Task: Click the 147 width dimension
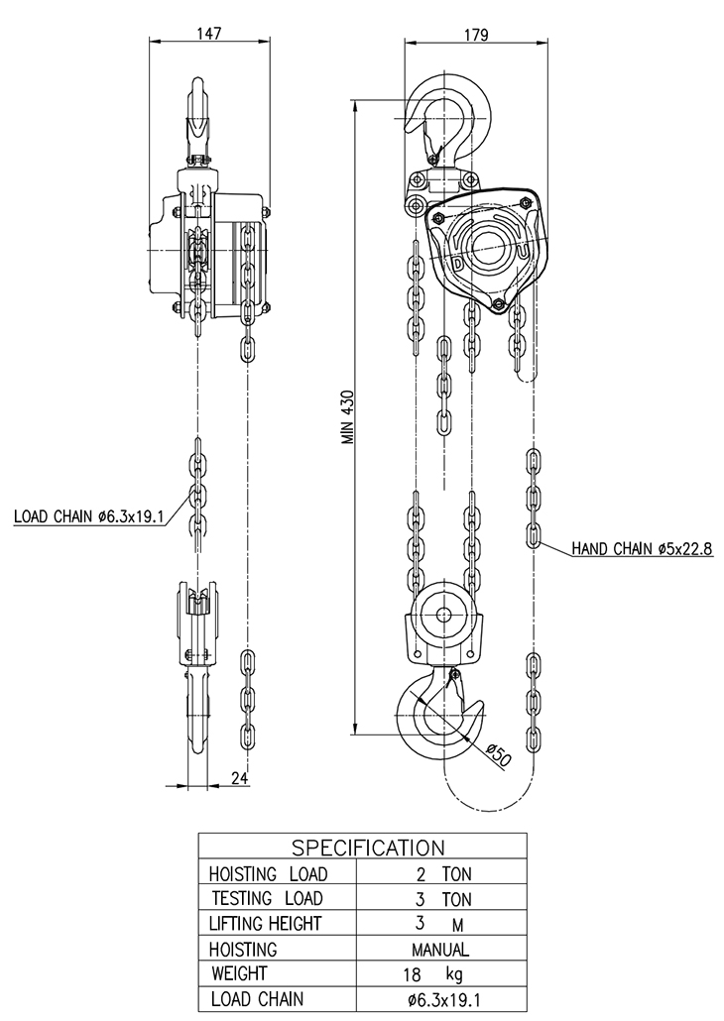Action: pyautogui.click(x=209, y=33)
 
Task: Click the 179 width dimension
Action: pyautogui.click(x=475, y=35)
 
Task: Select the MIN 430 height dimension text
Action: pyautogui.click(x=349, y=417)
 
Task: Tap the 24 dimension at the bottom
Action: pyautogui.click(x=239, y=777)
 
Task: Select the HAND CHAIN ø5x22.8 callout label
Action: pyautogui.click(x=642, y=549)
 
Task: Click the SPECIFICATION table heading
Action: pyautogui.click(x=368, y=848)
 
